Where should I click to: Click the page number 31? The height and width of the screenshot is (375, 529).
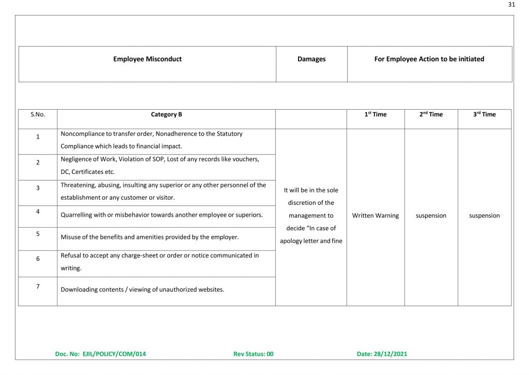[x=511, y=5]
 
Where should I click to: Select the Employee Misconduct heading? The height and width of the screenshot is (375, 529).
[x=147, y=59]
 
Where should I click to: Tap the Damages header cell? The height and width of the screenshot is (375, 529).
[x=312, y=59]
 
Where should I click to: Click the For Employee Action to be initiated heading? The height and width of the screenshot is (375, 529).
[x=429, y=59]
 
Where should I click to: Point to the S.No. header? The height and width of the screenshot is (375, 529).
[x=38, y=114]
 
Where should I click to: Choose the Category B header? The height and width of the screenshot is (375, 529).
[x=166, y=114]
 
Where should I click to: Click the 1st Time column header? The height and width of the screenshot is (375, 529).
[x=376, y=114]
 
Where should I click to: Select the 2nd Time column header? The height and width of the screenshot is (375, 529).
[x=431, y=114]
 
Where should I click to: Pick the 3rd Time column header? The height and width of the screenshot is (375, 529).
[x=484, y=114]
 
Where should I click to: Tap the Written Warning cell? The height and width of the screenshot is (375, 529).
[x=376, y=216]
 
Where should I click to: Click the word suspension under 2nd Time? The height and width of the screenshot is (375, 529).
[x=431, y=216]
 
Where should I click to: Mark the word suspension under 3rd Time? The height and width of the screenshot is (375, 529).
[x=485, y=216]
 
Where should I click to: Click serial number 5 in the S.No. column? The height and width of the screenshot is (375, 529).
[x=38, y=234]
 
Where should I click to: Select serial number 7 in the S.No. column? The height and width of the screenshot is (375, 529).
[x=38, y=286]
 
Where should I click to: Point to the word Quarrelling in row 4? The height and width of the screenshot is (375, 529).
[x=77, y=215]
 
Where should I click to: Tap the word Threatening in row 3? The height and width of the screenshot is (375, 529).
[x=77, y=185]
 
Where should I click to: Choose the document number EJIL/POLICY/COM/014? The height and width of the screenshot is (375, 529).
[x=114, y=354]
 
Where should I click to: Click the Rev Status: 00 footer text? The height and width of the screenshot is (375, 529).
[x=253, y=354]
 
